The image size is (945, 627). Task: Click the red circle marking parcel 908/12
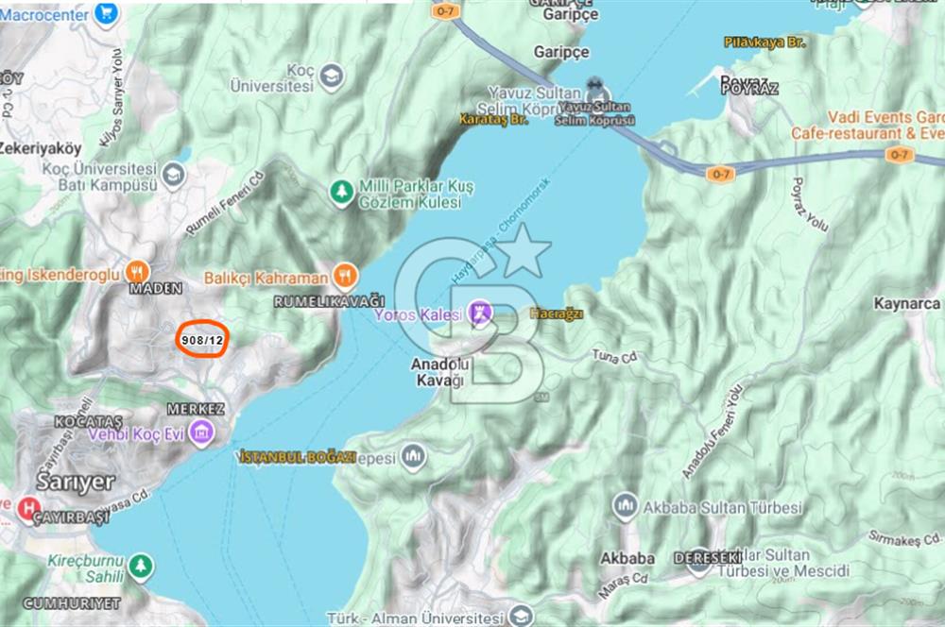pos(201,340)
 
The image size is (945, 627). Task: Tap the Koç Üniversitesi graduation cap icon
pos(331,76)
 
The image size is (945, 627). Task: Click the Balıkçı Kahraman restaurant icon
pos(345,277)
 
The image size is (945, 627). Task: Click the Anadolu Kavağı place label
pos(438,372)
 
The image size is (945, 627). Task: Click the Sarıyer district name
pos(76,481)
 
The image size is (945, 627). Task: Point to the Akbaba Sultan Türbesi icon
pos(625,505)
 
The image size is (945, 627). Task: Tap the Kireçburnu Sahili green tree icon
pos(141,565)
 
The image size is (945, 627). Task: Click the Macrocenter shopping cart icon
pos(107,14)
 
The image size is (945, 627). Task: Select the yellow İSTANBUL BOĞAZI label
pos(298,457)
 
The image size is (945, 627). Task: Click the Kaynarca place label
pos(907,304)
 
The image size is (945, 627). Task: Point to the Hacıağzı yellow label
pos(557,313)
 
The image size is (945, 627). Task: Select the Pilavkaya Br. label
pos(765,42)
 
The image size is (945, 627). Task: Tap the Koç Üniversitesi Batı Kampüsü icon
pos(173,173)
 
